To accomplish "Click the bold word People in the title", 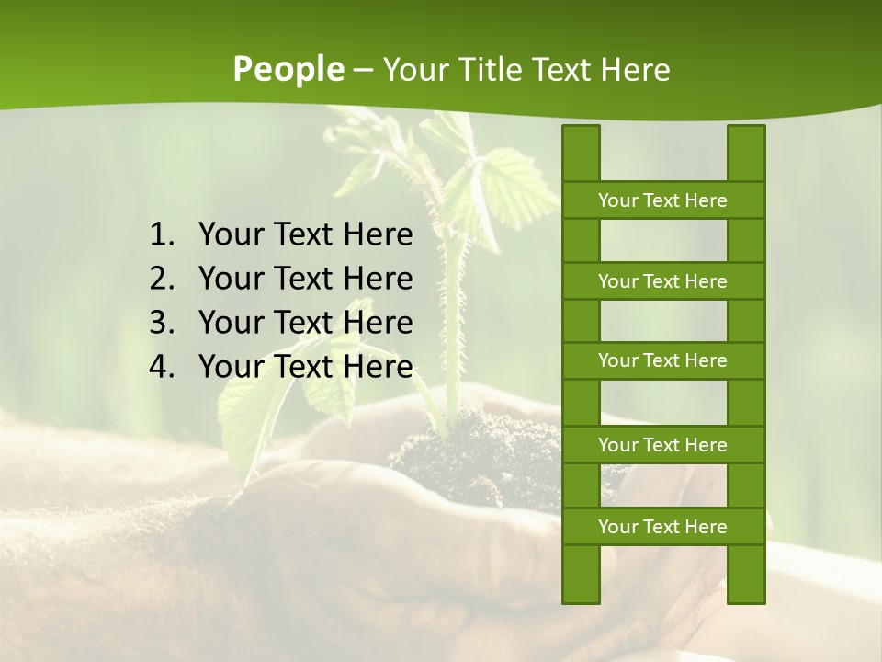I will click(288, 70).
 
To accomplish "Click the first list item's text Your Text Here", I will click(305, 235).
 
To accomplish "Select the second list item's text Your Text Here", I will click(305, 279).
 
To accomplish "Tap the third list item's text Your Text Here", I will click(305, 323).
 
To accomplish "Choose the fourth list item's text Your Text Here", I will click(305, 367).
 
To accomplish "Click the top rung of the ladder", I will click(662, 200).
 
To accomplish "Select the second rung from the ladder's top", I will click(662, 281).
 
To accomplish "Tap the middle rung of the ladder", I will click(662, 361).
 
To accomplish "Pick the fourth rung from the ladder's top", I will click(662, 445).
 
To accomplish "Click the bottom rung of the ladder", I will click(662, 527).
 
